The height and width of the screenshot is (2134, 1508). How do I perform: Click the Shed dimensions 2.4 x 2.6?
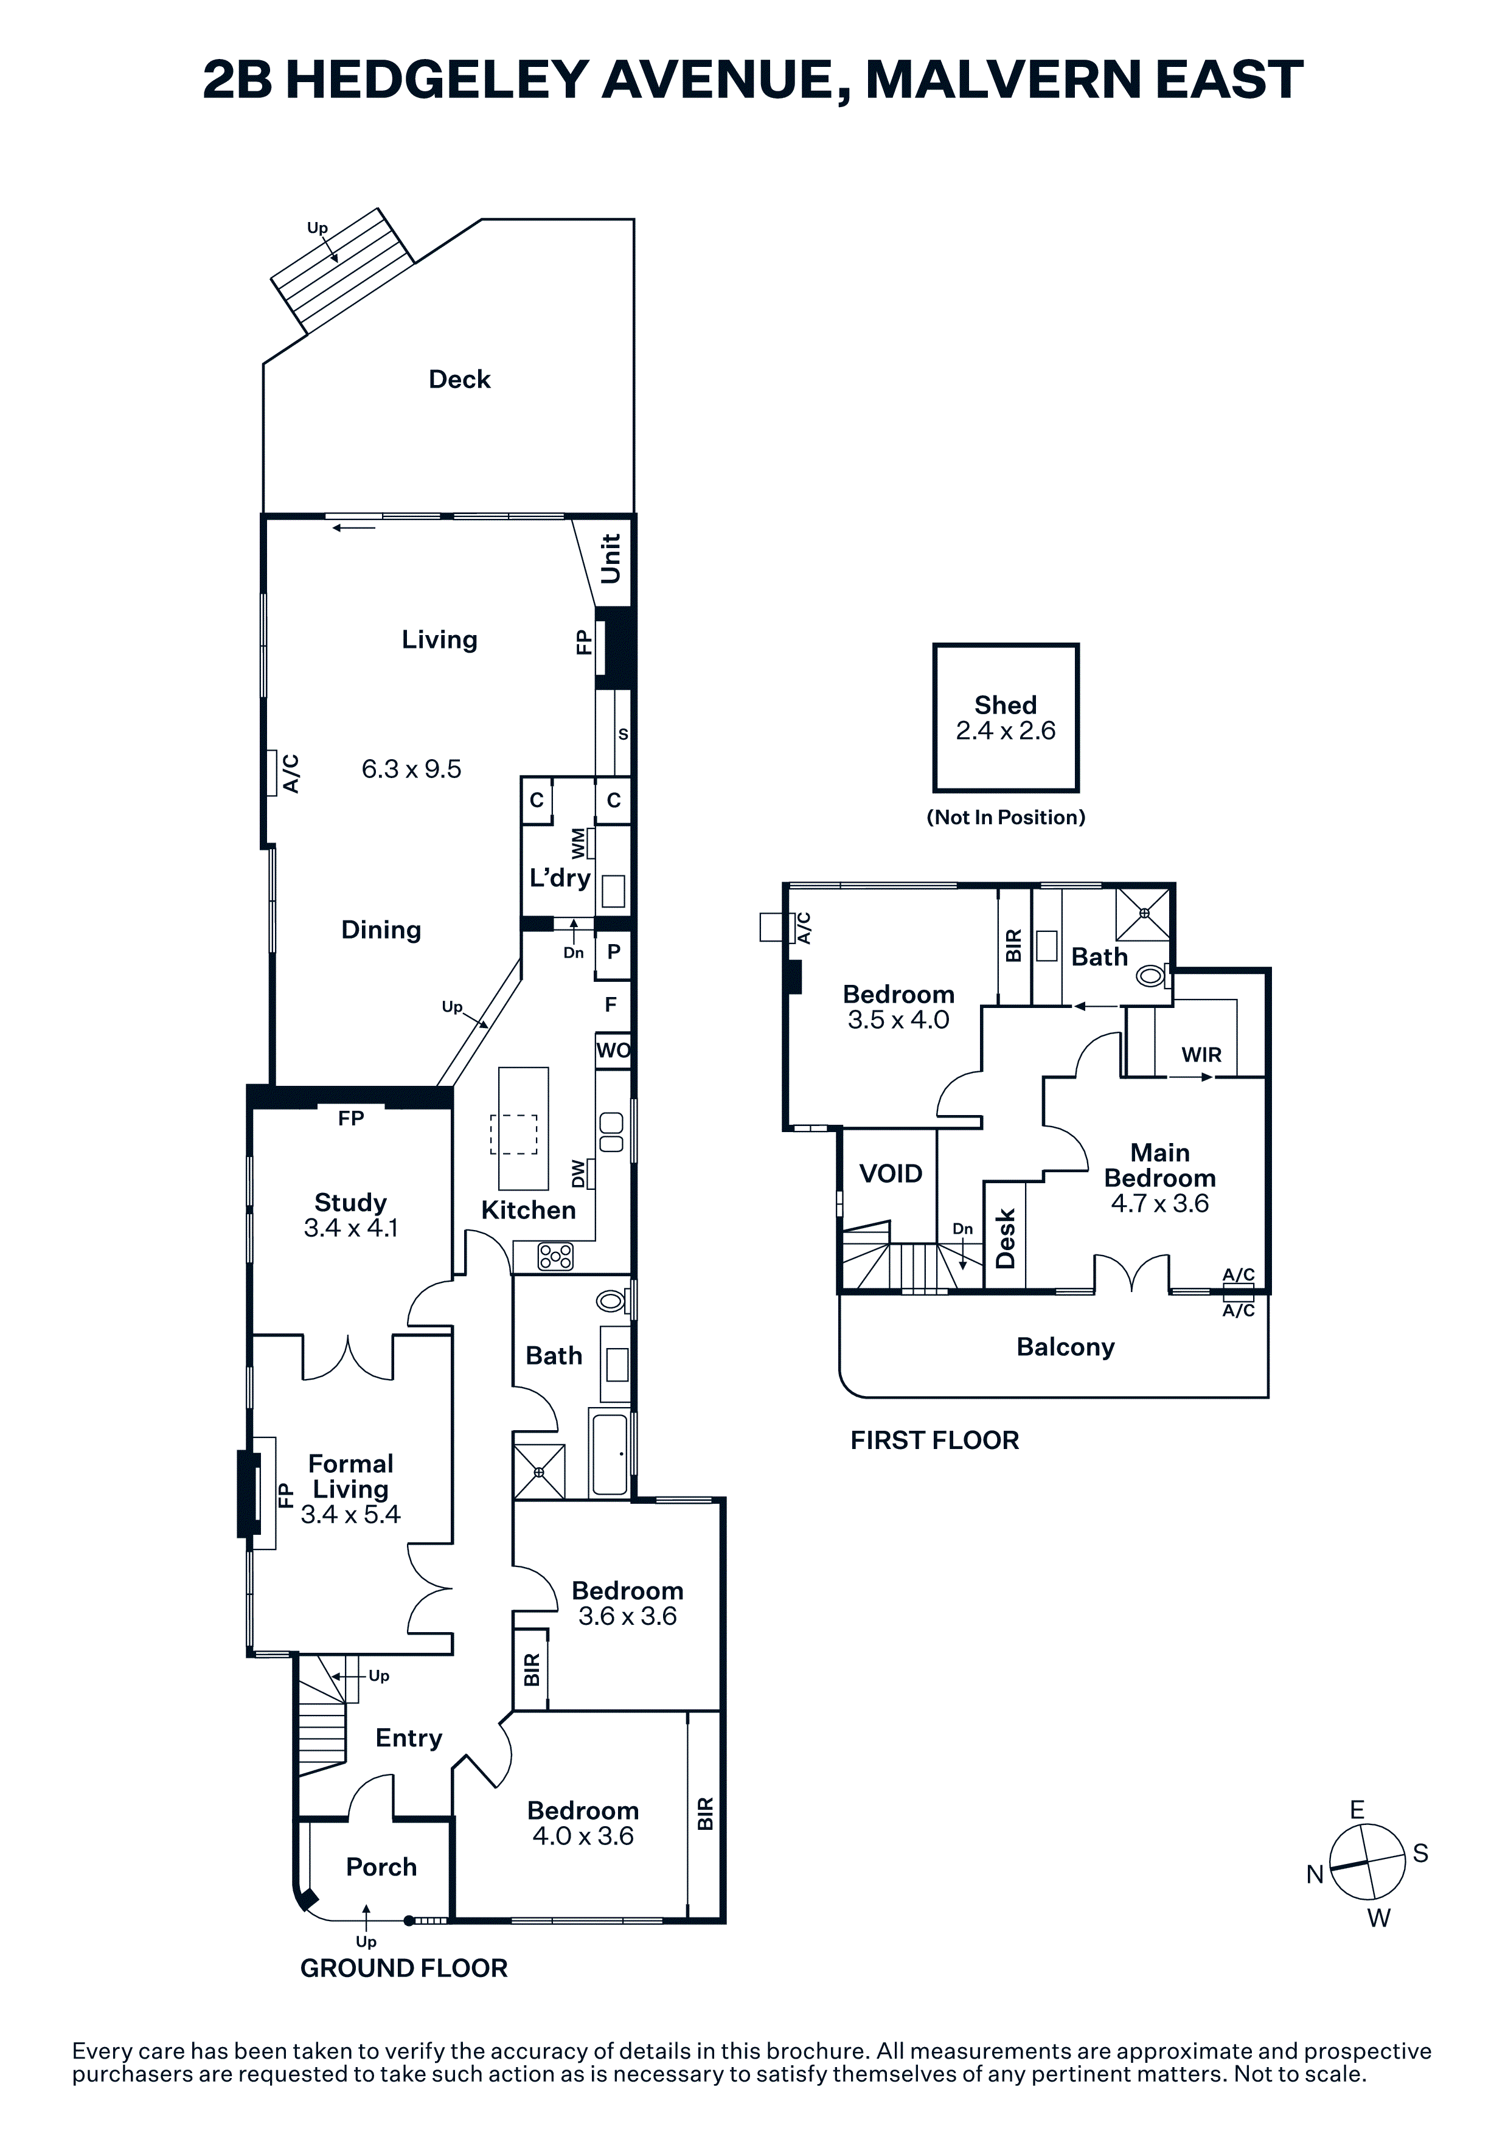click(1006, 731)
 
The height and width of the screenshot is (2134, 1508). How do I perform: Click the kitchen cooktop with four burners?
click(555, 1257)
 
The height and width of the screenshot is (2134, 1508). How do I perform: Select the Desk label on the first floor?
click(1006, 1239)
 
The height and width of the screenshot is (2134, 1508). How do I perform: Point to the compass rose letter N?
click(1315, 1875)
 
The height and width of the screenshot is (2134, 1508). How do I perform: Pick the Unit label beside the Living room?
click(611, 558)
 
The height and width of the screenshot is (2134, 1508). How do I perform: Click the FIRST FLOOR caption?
click(935, 1441)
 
